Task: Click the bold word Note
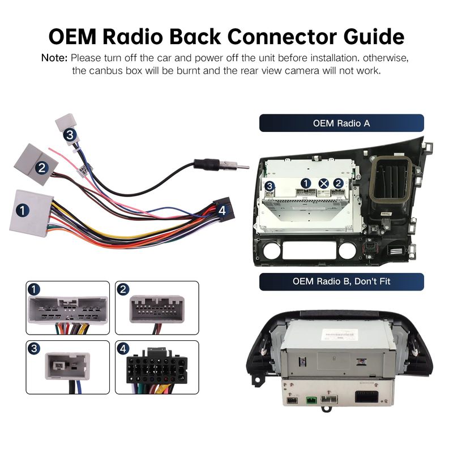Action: click(54, 58)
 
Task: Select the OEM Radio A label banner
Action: click(341, 123)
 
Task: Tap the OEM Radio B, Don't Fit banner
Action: click(341, 281)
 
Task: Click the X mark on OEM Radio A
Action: click(323, 183)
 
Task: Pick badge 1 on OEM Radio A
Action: click(306, 183)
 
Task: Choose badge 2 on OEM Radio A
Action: click(338, 183)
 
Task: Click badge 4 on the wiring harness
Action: click(222, 210)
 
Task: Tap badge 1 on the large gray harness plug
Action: click(22, 211)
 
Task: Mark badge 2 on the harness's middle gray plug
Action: click(40, 168)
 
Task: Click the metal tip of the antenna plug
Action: click(241, 166)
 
